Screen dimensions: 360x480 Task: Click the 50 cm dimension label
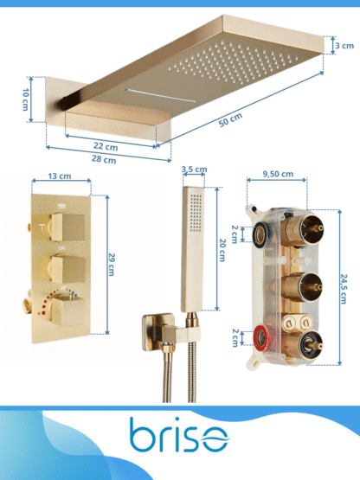click(x=230, y=119)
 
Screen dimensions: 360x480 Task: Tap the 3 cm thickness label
click(x=344, y=46)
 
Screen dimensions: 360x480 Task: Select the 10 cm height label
click(x=26, y=99)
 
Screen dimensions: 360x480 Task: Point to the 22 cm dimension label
click(x=106, y=146)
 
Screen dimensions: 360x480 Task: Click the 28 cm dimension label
click(x=104, y=159)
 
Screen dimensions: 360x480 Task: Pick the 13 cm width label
click(x=60, y=176)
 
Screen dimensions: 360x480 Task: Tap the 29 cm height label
click(x=112, y=265)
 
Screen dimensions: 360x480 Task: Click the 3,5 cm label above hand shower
click(x=194, y=169)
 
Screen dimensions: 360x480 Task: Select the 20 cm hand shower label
click(x=222, y=250)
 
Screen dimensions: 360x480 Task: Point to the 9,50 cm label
click(x=278, y=174)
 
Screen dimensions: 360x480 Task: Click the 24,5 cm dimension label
click(x=344, y=289)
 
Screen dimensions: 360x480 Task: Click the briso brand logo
click(x=179, y=434)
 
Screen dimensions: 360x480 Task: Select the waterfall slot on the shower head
click(x=160, y=95)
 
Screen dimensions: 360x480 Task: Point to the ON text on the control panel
click(x=61, y=248)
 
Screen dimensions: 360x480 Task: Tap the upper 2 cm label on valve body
click(x=235, y=234)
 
